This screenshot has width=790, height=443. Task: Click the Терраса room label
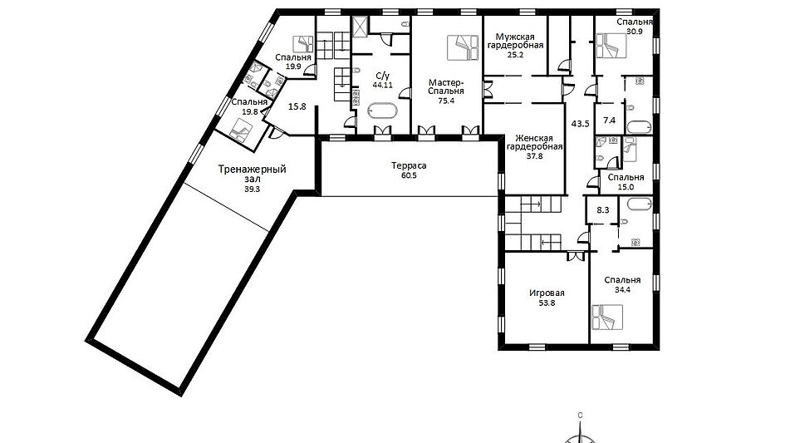tap(409, 165)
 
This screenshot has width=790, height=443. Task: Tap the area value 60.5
tap(409, 175)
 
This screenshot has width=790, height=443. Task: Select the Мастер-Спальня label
tap(446, 86)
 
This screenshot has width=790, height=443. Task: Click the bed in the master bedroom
tap(463, 48)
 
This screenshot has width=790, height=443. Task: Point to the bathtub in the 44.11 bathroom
tap(382, 111)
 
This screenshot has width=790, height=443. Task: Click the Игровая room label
tap(547, 293)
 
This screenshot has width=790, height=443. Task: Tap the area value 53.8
tap(547, 303)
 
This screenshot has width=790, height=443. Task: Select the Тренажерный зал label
tap(252, 174)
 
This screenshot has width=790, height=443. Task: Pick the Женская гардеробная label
tap(534, 143)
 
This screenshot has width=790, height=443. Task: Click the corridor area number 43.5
tap(581, 123)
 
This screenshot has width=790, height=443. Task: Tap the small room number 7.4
tap(609, 120)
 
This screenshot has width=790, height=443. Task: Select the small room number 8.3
tap(602, 210)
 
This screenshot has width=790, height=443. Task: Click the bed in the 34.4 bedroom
tap(607, 317)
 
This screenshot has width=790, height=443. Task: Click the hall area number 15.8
tap(297, 106)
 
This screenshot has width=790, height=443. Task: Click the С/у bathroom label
tap(383, 76)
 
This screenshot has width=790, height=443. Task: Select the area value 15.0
tap(626, 187)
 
